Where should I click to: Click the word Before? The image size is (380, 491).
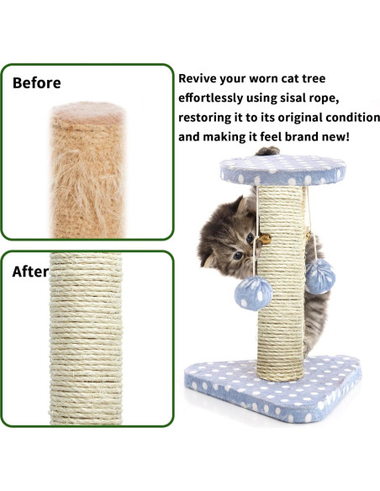36,83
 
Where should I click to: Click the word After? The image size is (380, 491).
30,272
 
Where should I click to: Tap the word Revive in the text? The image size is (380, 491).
201,78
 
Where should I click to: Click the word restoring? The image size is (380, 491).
206,117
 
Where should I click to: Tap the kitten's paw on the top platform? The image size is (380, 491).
268,151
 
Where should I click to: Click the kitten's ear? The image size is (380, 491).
243,205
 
